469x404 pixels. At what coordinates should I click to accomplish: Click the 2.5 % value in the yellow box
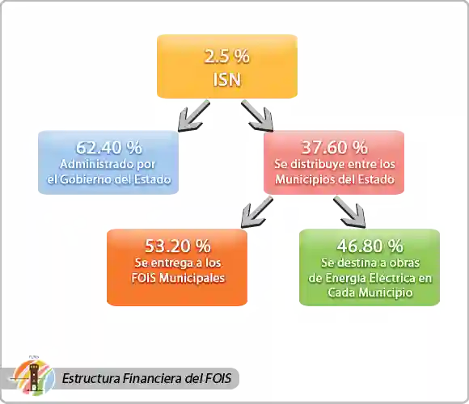pyautogui.click(x=226, y=57)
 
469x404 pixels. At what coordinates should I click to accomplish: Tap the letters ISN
pyautogui.click(x=226, y=80)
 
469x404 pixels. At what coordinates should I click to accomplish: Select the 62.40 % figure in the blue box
pyautogui.click(x=109, y=148)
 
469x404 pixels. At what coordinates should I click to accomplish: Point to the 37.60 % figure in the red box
pyautogui.click(x=335, y=148)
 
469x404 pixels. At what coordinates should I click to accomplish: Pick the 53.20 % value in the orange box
pyautogui.click(x=178, y=246)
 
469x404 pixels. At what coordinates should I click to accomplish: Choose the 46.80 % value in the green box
pyautogui.click(x=370, y=246)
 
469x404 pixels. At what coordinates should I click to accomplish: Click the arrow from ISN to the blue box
pyautogui.click(x=193, y=116)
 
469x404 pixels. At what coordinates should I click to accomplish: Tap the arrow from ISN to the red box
pyautogui.click(x=257, y=116)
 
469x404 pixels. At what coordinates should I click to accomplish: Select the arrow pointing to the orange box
pyautogui.click(x=257, y=213)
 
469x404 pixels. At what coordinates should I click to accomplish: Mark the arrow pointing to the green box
pyautogui.click(x=349, y=213)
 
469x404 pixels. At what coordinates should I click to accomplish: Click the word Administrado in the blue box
pyautogui.click(x=91, y=164)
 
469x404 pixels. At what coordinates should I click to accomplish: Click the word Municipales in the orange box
pyautogui.click(x=192, y=278)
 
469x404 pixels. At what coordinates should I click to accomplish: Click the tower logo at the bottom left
pyautogui.click(x=34, y=377)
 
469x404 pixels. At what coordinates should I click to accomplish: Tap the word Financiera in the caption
pyautogui.click(x=153, y=378)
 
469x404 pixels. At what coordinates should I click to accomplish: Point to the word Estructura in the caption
pyautogui.click(x=91, y=378)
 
